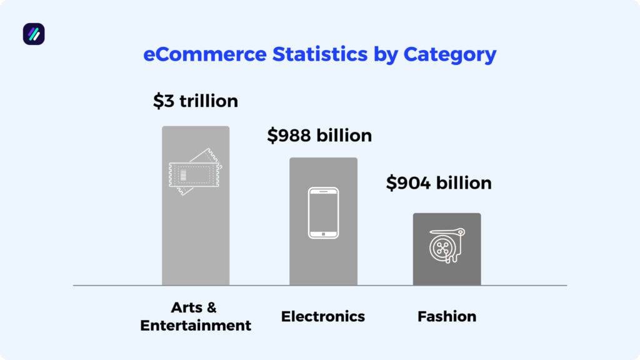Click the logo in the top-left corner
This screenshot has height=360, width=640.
tap(34, 34)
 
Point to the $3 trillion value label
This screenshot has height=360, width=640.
tap(196, 101)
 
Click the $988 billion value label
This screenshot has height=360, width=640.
tap(319, 136)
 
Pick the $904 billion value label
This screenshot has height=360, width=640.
tap(439, 183)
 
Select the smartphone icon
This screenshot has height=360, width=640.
tap(323, 212)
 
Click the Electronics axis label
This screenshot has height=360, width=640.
tap(323, 316)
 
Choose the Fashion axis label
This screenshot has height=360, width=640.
tap(447, 316)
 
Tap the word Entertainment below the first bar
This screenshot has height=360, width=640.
tap(196, 326)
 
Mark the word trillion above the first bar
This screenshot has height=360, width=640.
tap(209, 101)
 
